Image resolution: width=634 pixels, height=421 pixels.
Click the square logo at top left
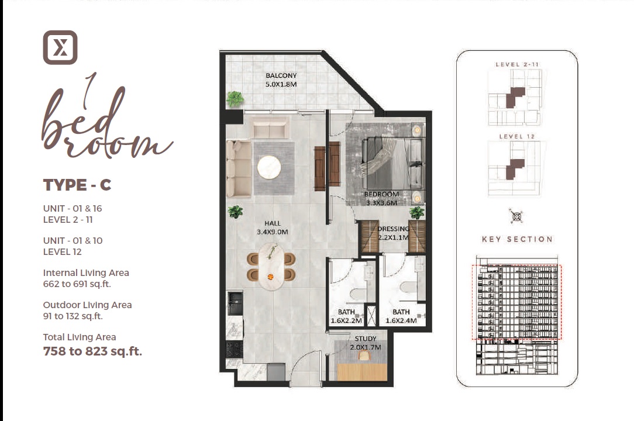(x=60, y=47)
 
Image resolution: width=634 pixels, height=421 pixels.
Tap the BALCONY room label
(x=281, y=80)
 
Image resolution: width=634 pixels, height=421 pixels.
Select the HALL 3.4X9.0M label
(x=272, y=227)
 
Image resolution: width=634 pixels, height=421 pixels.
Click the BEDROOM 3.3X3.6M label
(x=381, y=199)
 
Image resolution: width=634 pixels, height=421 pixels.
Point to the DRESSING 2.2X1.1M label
(x=392, y=233)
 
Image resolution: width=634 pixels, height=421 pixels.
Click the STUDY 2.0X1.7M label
(x=366, y=343)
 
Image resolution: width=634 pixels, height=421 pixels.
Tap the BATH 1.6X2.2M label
(x=346, y=316)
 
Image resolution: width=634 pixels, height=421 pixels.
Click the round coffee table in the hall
(x=269, y=168)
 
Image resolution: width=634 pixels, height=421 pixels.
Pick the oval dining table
(x=270, y=267)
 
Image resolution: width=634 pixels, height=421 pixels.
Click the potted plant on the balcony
(x=235, y=99)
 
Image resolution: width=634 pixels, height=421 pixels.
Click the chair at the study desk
(x=364, y=355)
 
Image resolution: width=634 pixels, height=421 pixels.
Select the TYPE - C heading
(x=77, y=185)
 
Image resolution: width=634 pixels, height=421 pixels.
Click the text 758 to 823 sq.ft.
(x=92, y=351)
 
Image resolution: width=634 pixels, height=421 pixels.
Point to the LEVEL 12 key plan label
(x=516, y=136)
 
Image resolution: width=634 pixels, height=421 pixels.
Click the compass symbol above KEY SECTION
(x=516, y=216)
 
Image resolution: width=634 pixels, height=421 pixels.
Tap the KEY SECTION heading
(x=517, y=239)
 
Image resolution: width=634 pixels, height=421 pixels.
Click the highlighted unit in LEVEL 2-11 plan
(x=514, y=96)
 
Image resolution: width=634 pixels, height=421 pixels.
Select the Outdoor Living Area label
(x=87, y=305)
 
